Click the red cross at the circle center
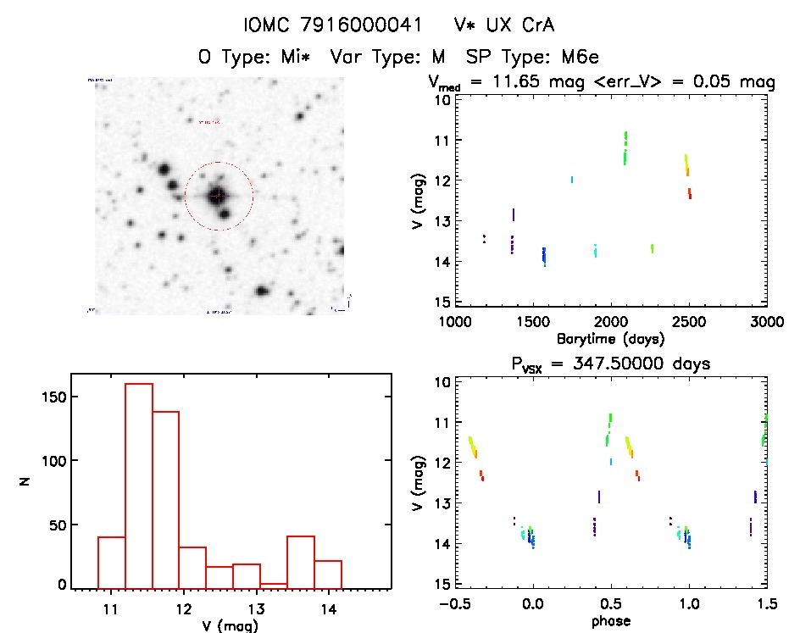click(x=219, y=196)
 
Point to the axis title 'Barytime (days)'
click(x=610, y=339)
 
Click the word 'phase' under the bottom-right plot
click(x=611, y=620)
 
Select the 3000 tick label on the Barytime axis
click(x=766, y=322)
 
